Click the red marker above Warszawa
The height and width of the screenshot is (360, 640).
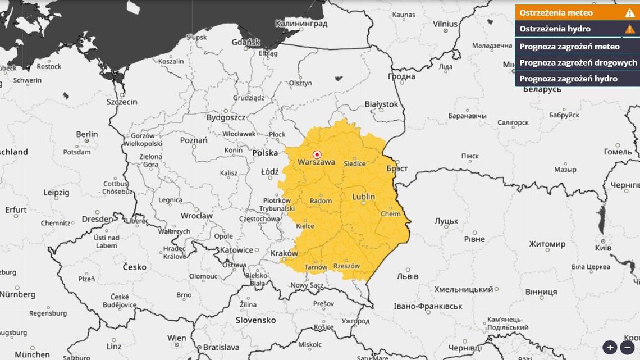coord(317,154)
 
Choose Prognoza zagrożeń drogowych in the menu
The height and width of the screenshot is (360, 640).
coord(578,63)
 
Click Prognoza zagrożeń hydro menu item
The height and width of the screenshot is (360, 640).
coord(568,79)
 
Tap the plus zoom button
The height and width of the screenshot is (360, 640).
coord(610,347)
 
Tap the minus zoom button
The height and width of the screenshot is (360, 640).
coord(628,347)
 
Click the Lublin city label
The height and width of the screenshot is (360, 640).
coord(363,197)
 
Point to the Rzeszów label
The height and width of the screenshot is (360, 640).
coord(346,266)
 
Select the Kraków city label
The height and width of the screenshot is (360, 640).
coord(284,253)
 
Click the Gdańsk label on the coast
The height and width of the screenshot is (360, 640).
coord(246,42)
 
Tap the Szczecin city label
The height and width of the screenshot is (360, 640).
coord(122,102)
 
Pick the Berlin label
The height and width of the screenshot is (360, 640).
coord(86,134)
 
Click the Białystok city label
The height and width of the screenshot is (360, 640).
coord(381,104)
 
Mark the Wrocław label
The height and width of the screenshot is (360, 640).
coord(196,216)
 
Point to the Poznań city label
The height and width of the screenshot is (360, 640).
coord(194,140)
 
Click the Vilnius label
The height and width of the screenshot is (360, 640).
coord(445,24)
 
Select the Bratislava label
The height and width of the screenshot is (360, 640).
coord(221,348)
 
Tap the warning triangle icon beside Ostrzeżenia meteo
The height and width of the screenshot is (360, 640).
coord(629,13)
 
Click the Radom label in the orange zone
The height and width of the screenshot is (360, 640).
coord(321,201)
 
